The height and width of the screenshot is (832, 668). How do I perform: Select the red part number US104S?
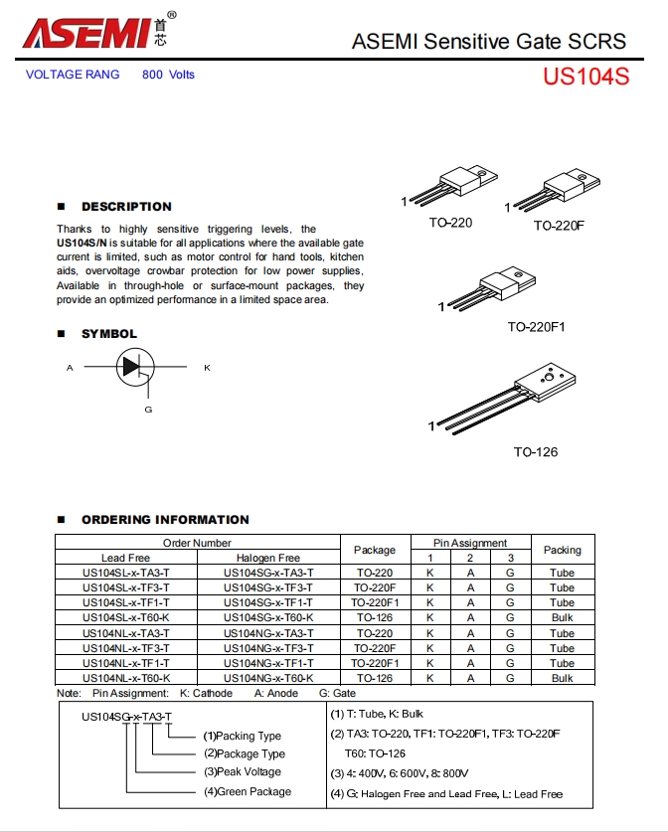point(585,77)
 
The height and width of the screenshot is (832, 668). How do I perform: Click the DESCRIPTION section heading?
point(126,207)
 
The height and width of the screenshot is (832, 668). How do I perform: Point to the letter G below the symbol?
point(148,410)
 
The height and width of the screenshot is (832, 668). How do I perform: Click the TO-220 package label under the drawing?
point(450,223)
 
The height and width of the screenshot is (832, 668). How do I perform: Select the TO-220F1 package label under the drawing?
point(536,327)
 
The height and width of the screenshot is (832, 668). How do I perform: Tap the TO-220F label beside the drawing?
point(559,226)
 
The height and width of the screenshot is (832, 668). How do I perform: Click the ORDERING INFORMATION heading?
point(165,519)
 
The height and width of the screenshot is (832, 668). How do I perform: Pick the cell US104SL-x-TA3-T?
point(126,573)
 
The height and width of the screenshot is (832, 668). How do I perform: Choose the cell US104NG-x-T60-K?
point(268,678)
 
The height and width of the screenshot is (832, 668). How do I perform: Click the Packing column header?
point(562,550)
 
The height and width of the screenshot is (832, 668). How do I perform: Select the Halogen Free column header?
point(268,558)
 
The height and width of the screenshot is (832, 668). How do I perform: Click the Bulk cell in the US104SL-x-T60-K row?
point(562,617)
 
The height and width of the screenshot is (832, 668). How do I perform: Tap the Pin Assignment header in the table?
point(470,543)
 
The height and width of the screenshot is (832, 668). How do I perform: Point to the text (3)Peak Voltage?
point(243,772)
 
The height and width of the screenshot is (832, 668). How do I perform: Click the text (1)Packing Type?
point(243,737)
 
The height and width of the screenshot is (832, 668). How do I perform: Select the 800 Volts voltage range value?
point(168,75)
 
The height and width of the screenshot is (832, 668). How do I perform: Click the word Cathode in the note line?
point(211,693)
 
